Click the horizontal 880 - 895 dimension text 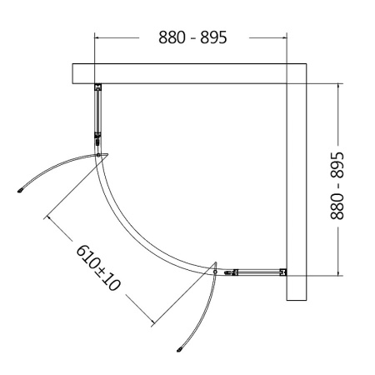(192, 37)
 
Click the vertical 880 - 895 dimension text (337, 186)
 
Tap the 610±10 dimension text (98, 267)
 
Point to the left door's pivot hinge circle (98, 155)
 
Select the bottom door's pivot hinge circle (215, 272)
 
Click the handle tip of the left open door (20, 191)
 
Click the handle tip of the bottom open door (179, 350)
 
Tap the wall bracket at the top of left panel (98, 87)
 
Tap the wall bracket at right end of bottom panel (283, 272)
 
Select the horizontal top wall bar (189, 73)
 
